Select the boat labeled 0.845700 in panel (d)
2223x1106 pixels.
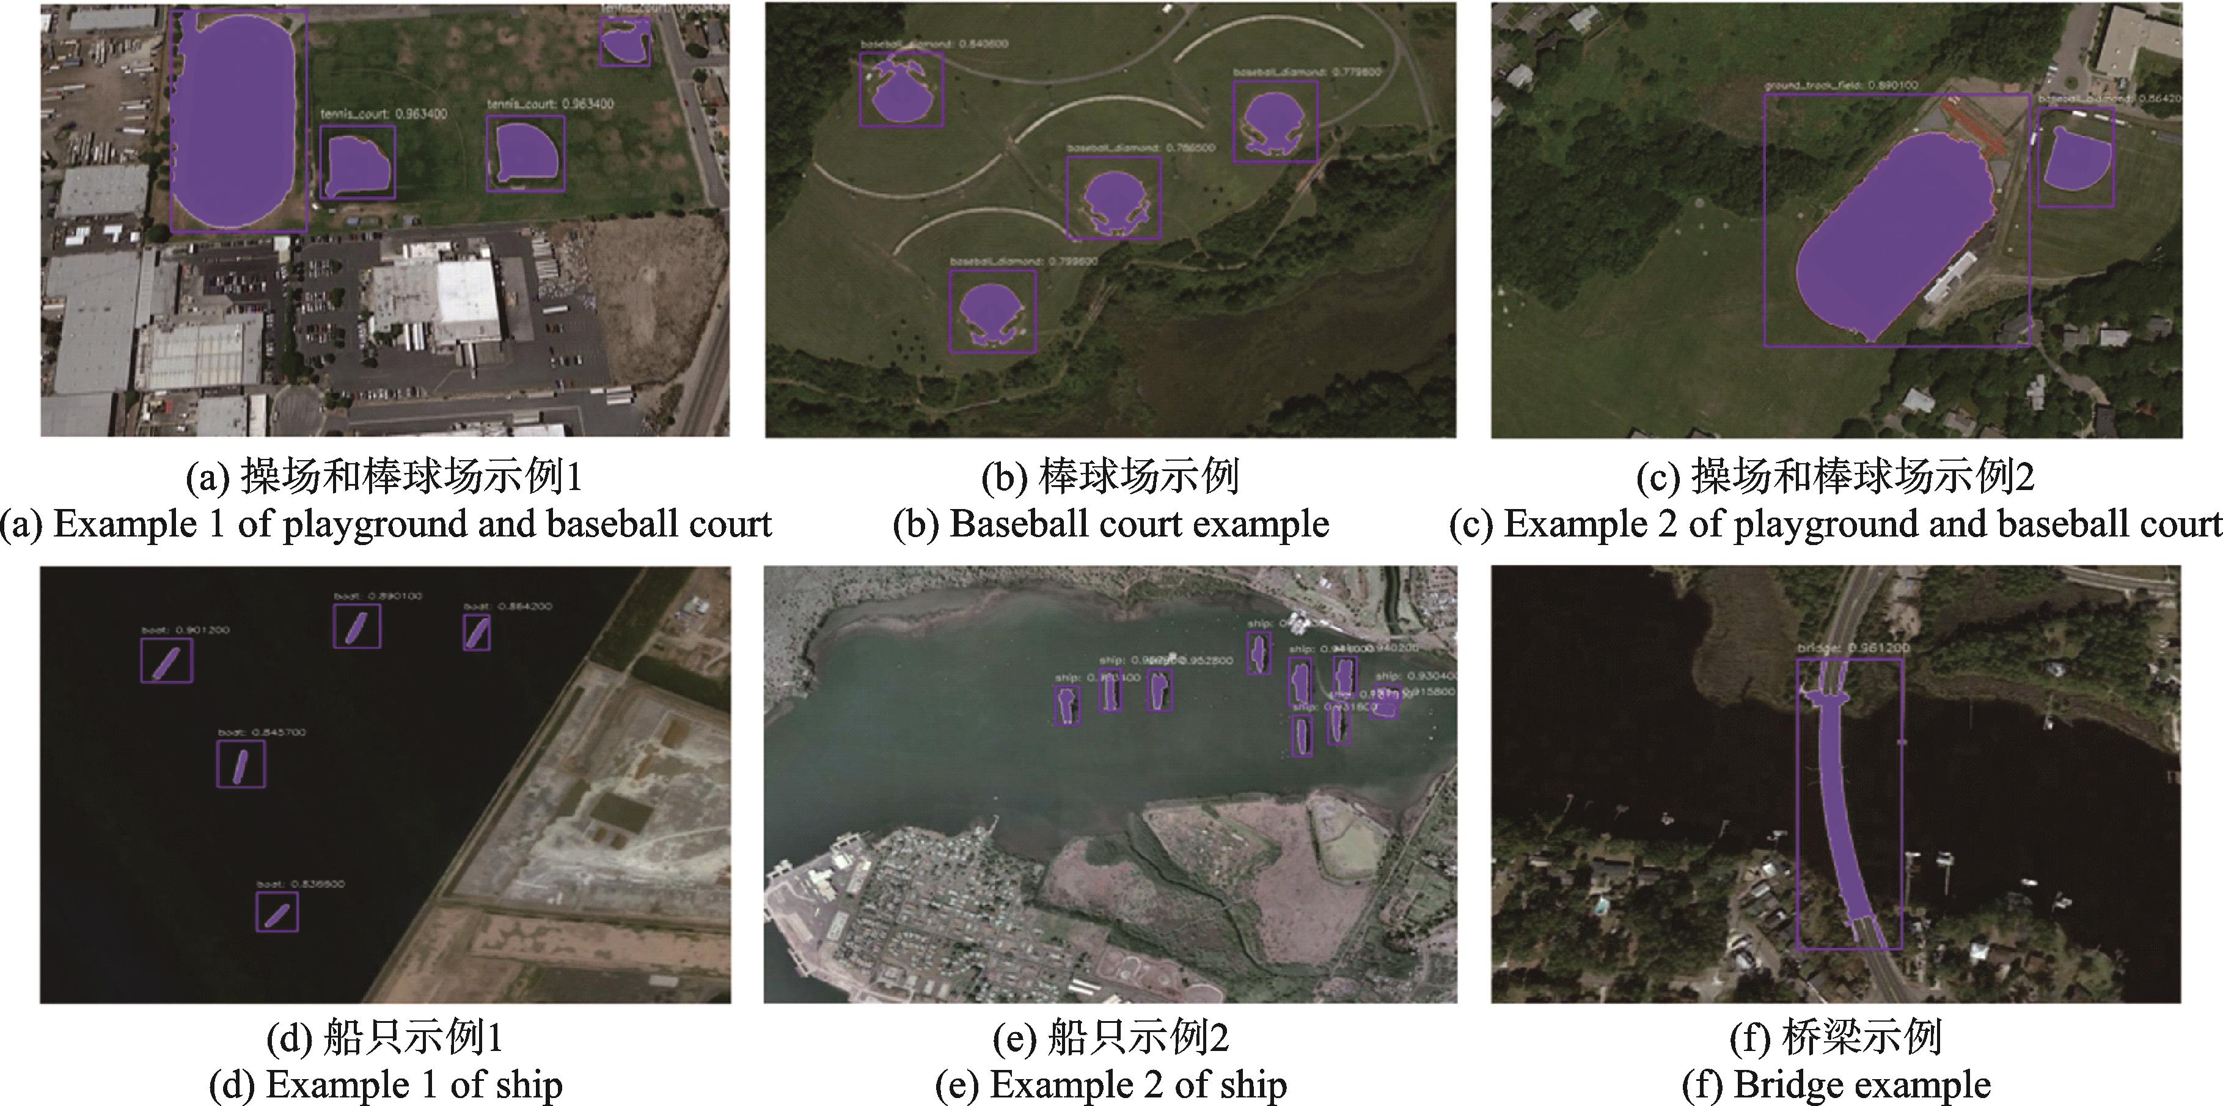[241, 765]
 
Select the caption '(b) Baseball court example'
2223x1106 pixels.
[1111, 524]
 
